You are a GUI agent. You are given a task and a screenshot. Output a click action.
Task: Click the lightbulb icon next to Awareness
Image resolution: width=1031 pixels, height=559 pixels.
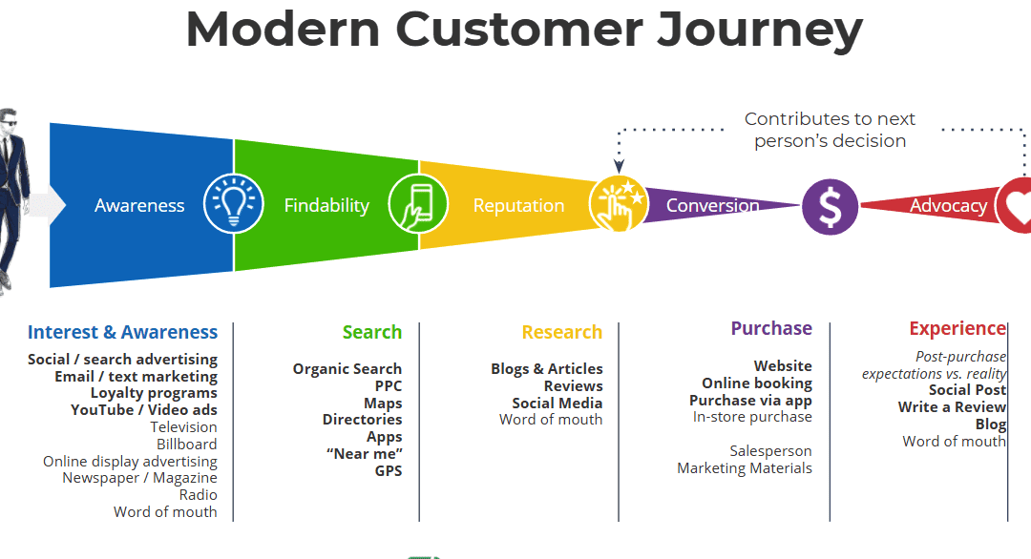coord(234,205)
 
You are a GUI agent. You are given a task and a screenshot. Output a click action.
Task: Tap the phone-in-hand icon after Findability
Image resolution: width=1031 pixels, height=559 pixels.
coord(418,205)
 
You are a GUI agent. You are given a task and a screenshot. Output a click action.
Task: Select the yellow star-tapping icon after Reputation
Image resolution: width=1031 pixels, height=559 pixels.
coord(619,204)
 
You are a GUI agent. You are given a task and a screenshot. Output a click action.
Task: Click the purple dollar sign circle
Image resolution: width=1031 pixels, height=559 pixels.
coord(830,206)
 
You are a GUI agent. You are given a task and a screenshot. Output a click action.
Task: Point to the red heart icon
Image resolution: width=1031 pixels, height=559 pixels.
coord(1017,205)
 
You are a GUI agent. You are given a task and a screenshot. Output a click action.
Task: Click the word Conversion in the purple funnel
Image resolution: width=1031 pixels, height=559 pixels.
coord(712,205)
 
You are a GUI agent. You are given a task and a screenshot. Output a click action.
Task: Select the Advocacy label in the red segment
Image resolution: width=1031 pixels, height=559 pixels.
coord(948,205)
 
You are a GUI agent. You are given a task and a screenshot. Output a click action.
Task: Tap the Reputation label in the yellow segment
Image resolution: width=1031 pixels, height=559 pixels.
coord(518,205)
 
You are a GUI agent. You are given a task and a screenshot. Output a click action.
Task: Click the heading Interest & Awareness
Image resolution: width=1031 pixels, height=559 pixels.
coord(122,332)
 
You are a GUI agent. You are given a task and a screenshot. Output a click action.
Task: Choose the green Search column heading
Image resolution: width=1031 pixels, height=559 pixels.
coord(372,332)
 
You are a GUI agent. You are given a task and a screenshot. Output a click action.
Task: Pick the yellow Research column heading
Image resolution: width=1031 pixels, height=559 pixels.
coord(561,332)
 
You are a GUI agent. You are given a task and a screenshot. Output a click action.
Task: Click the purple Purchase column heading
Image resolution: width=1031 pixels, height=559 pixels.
coord(771,328)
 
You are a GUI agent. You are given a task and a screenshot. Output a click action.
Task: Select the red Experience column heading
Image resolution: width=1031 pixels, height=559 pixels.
coord(957,328)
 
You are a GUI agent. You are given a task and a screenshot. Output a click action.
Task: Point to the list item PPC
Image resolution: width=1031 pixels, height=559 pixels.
coord(389,386)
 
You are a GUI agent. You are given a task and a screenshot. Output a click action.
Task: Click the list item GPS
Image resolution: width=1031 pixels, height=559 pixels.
coord(389,470)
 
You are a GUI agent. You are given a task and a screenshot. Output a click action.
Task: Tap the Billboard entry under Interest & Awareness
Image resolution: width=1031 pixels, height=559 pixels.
coord(187,444)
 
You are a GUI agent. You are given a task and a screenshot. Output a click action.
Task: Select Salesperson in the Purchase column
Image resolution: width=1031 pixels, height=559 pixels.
coord(770,450)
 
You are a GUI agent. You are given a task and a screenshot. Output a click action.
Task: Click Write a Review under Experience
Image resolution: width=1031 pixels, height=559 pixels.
coord(952,406)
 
